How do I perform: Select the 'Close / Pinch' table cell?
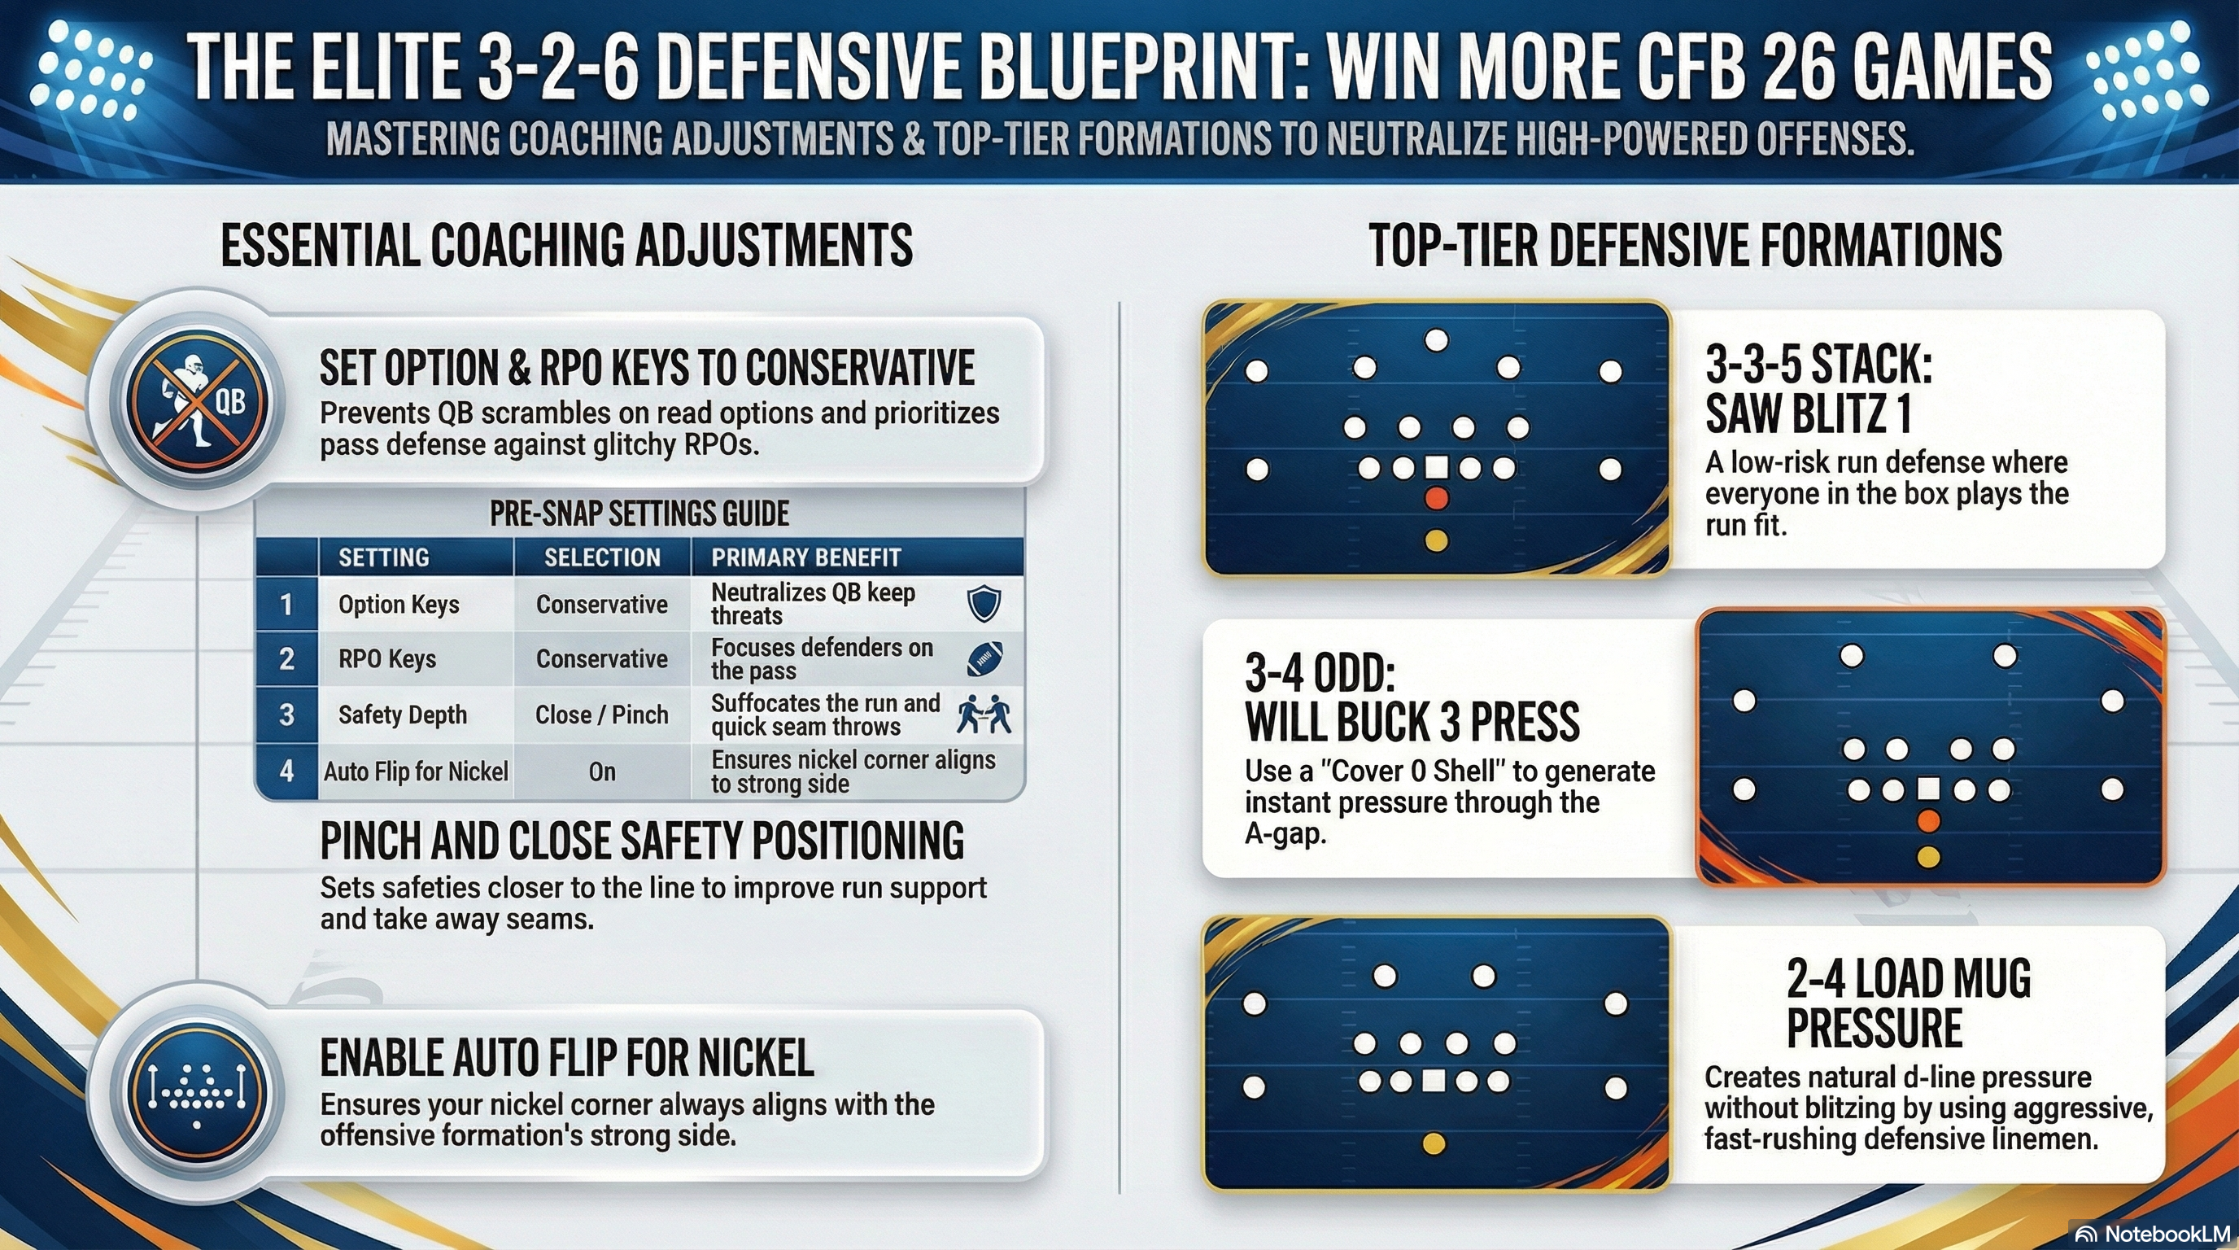click(601, 715)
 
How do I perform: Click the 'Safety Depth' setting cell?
click(403, 715)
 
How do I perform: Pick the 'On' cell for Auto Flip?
click(601, 771)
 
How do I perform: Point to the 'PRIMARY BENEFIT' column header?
click(805, 557)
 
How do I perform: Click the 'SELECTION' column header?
click(601, 557)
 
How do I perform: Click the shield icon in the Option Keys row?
click(984, 603)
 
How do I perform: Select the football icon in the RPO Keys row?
click(984, 659)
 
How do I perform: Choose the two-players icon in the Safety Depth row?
click(984, 715)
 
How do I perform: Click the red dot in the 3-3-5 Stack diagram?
click(1436, 499)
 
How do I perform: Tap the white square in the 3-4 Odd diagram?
click(1929, 789)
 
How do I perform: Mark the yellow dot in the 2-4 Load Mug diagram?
click(1434, 1143)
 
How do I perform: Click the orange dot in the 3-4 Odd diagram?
click(1929, 821)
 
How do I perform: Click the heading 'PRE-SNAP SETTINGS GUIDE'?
click(639, 514)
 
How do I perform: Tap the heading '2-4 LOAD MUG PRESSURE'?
click(1908, 1003)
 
